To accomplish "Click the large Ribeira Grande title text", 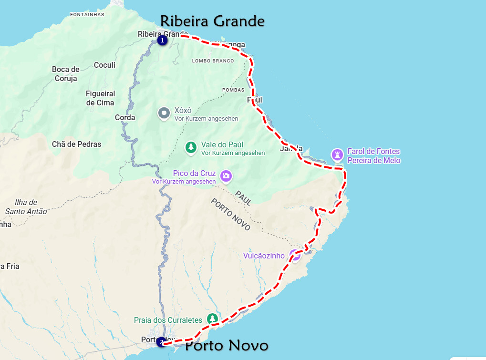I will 212,21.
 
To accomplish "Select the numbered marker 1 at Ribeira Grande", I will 162,41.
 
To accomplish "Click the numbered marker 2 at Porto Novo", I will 161,342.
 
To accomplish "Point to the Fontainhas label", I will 87,14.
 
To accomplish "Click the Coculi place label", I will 104,65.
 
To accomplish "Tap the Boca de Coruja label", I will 66,74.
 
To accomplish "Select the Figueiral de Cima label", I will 100,98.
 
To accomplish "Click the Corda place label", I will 125,117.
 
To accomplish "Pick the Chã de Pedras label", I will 77,144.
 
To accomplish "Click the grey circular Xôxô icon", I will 164,113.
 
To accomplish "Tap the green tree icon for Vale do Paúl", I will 191,147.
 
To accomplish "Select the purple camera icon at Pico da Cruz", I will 226,176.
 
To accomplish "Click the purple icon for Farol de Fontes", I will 337,154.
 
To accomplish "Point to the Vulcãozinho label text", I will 264,256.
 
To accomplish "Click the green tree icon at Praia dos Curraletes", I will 212,319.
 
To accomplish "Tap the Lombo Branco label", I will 213,61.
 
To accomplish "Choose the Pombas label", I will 233,90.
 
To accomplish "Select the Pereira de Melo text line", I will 374,161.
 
